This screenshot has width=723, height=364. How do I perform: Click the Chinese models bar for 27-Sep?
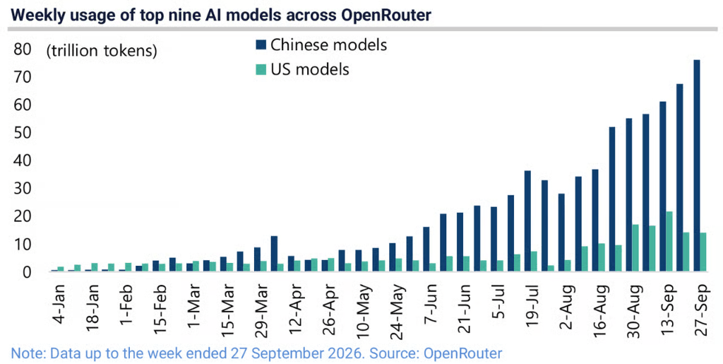point(696,165)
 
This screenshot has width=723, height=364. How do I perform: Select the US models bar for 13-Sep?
point(669,241)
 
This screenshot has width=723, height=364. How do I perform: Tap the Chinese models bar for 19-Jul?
point(527,221)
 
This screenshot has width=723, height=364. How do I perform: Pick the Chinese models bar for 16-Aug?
point(594,220)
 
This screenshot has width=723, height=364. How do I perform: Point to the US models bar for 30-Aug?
point(635,248)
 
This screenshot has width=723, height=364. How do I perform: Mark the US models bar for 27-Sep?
point(703,252)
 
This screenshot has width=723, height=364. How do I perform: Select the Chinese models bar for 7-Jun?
point(426,249)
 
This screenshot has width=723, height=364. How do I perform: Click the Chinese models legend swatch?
point(261,45)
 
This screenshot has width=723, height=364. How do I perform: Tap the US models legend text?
point(310,69)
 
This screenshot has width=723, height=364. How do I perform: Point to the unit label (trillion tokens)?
point(102,50)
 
